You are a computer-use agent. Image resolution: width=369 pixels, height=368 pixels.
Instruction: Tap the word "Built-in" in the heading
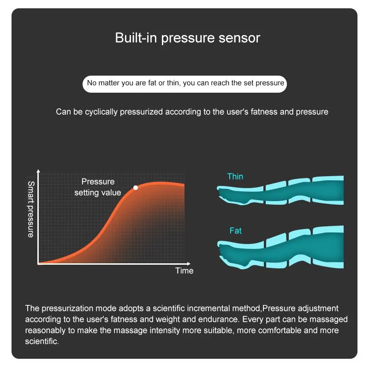tap(136, 38)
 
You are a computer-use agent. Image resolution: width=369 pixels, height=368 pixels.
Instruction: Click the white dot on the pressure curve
tap(136, 188)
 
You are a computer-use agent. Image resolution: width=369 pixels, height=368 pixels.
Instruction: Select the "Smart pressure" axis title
tap(31, 209)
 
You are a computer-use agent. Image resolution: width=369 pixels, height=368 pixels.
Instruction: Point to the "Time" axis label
tap(184, 271)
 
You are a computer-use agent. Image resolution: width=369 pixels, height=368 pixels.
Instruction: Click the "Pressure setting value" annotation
tap(98, 187)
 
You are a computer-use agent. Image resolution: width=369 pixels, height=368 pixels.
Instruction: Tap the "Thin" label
tap(235, 177)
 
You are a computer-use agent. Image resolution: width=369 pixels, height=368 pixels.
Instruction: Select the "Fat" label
tap(235, 231)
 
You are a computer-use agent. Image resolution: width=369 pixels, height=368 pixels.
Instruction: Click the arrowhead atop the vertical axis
tap(38, 171)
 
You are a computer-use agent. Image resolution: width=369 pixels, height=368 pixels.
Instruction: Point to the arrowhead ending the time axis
tap(189, 264)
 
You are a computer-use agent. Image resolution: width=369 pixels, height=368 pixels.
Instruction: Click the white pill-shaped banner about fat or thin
tap(184, 84)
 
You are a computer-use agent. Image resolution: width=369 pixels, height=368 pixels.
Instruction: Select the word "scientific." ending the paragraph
tap(42, 341)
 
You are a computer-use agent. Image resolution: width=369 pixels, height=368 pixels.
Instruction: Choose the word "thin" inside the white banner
tap(173, 83)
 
